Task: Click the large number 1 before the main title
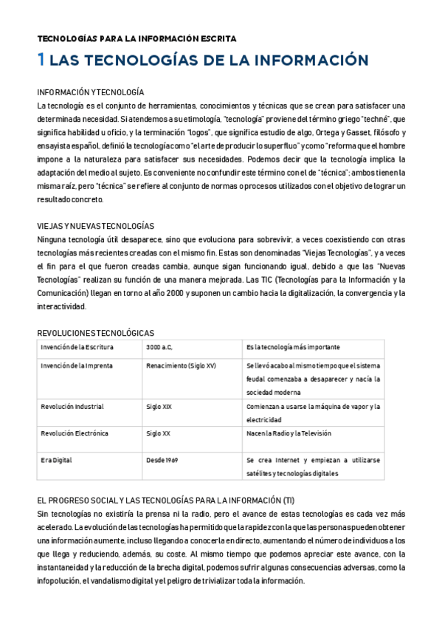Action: [41, 60]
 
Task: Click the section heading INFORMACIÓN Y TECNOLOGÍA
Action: [90, 92]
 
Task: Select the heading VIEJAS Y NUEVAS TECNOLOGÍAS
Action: [95, 226]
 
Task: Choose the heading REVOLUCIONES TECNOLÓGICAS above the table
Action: [95, 333]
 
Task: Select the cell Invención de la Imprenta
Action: [77, 365]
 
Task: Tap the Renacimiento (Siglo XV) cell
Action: [181, 365]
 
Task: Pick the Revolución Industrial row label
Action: [72, 406]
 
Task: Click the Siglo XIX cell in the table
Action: [159, 406]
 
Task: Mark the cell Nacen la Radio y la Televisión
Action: [289, 433]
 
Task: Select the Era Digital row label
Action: [57, 460]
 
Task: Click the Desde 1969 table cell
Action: [162, 460]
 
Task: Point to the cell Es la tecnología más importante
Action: [293, 346]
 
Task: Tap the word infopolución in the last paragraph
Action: [63, 581]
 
